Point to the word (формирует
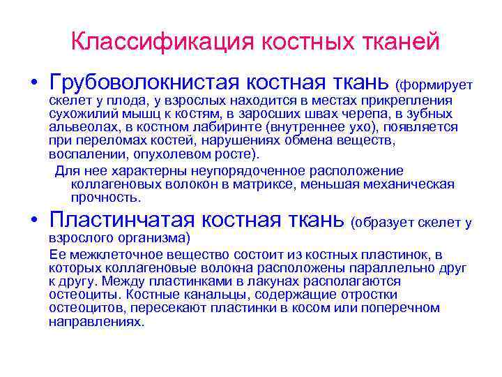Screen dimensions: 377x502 (x=434, y=85)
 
